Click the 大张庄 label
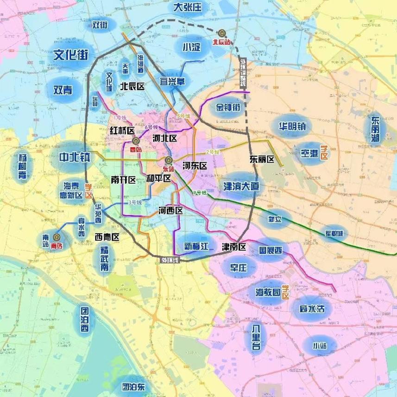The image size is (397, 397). [188, 7]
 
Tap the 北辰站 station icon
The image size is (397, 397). [222, 33]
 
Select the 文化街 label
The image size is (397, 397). [71, 55]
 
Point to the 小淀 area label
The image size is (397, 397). [191, 47]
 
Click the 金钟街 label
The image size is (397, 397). [227, 108]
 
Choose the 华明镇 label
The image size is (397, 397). [292, 126]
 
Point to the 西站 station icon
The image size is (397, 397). [135, 141]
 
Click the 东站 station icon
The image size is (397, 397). [168, 161]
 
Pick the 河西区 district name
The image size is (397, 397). [170, 211]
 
